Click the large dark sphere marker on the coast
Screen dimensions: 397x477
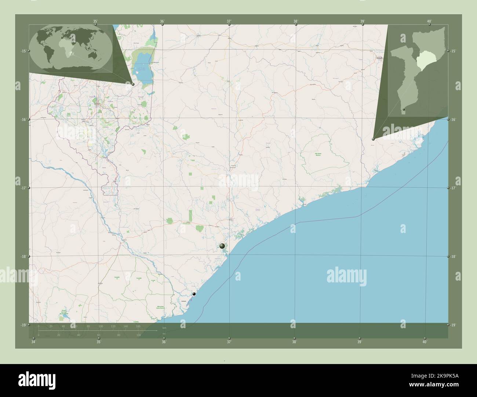(x=222, y=246)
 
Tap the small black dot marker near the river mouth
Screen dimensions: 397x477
(x=194, y=294)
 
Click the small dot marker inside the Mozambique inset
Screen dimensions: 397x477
(x=404, y=109)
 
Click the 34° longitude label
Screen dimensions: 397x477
(x=33, y=342)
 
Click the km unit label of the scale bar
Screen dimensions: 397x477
(x=164, y=328)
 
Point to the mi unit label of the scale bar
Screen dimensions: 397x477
(x=164, y=333)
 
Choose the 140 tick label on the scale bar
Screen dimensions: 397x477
(x=125, y=326)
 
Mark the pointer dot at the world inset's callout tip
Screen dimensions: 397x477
(x=133, y=84)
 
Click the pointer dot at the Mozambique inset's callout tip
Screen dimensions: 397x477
(x=373, y=139)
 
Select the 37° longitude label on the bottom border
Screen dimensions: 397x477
(x=229, y=342)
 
